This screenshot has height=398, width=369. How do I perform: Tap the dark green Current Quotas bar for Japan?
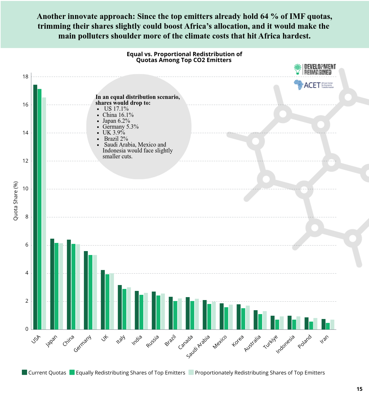coord(52,284)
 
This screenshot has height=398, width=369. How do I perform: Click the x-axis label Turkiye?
coord(270,342)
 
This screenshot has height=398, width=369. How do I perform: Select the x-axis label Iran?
coord(324,340)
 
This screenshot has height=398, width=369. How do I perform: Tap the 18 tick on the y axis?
coord(25,77)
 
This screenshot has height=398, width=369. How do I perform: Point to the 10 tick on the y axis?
coord(25,189)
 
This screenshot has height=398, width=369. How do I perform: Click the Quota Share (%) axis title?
coord(16,201)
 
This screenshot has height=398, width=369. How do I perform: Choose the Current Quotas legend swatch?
coord(24,372)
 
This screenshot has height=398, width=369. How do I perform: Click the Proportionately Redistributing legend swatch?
coord(191,372)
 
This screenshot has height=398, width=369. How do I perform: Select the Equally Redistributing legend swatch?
coord(72,372)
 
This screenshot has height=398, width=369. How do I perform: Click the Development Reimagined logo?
coord(315,69)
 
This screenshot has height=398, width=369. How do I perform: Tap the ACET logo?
coord(314,85)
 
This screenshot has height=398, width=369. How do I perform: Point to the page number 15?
coord(359,389)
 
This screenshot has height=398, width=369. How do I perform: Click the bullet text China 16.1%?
coord(118,115)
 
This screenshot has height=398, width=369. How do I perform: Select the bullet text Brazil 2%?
coord(116,139)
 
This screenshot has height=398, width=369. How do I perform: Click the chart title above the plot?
coord(184,57)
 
